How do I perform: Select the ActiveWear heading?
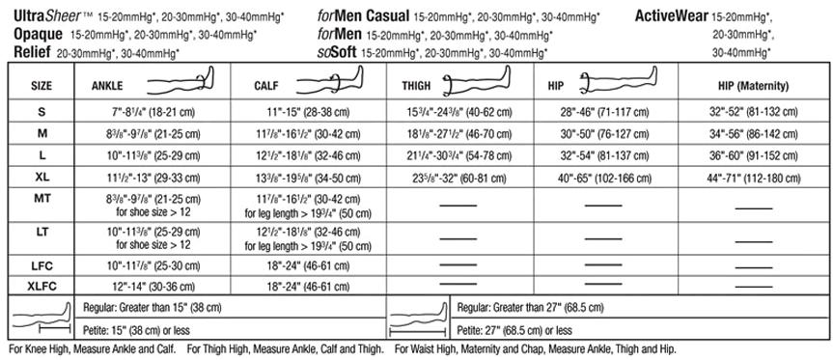(x=670, y=15)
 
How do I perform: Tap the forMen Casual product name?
(x=362, y=15)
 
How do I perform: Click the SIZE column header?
(x=42, y=86)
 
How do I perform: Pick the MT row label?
(x=42, y=197)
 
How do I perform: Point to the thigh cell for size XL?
(x=458, y=176)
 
